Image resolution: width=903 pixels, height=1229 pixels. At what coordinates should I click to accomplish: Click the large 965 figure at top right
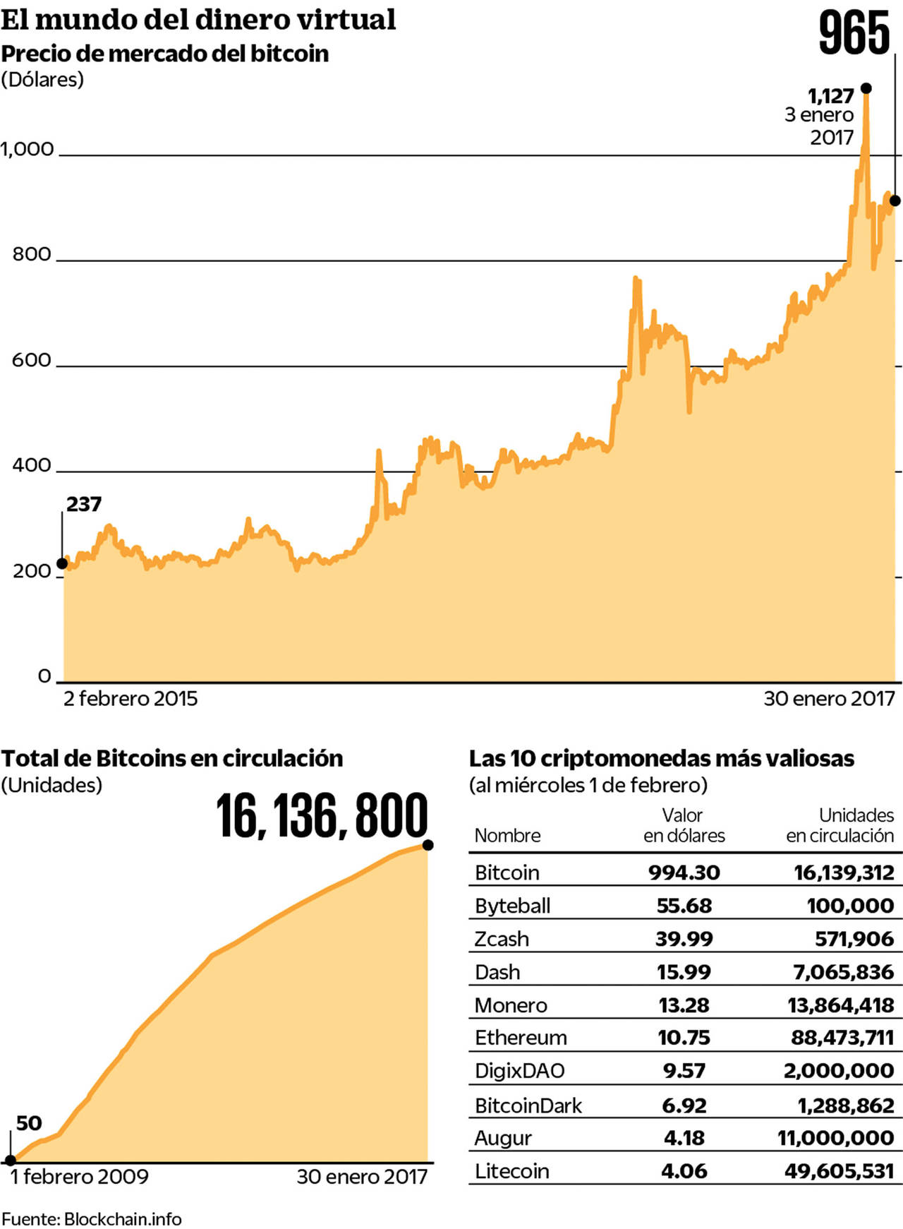click(x=854, y=33)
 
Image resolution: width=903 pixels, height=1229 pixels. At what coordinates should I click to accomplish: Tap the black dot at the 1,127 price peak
click(x=866, y=88)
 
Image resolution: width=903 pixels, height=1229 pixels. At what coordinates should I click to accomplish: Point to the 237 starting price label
click(x=84, y=504)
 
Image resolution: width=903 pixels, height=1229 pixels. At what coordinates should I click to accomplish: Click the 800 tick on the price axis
click(x=32, y=254)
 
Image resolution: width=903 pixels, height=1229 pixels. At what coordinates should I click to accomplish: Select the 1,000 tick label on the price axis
click(x=28, y=149)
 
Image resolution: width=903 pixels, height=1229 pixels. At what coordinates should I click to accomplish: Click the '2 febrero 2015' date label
click(x=131, y=699)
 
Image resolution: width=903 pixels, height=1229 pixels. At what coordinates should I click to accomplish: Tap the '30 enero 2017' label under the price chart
click(x=829, y=699)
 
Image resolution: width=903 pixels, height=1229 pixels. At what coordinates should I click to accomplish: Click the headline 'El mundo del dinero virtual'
click(x=198, y=19)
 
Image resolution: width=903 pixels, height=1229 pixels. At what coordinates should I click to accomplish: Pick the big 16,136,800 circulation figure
click(x=322, y=817)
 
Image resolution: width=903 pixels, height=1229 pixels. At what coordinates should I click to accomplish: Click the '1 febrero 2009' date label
click(x=80, y=1177)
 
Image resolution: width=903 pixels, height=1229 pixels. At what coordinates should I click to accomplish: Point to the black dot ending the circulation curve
click(x=428, y=845)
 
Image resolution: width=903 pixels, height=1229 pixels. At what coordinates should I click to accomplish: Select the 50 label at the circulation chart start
click(x=29, y=1123)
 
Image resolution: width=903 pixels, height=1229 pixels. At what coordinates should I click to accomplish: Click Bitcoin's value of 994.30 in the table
click(x=684, y=873)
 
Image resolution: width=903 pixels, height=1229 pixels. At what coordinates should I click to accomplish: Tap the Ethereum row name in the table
click(x=521, y=1038)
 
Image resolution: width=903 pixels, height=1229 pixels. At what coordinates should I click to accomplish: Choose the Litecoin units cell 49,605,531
click(x=839, y=1171)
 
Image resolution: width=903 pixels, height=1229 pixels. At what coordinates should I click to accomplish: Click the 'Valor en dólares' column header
click(x=684, y=825)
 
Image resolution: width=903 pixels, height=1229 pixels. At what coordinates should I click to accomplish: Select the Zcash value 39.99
click(x=684, y=939)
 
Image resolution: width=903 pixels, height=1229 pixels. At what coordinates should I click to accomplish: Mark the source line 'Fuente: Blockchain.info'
click(x=92, y=1219)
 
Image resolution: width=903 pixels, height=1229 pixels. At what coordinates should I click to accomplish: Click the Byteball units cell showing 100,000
click(x=850, y=906)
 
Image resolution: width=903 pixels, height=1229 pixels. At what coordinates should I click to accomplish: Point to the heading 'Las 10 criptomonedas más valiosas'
click(x=661, y=759)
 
